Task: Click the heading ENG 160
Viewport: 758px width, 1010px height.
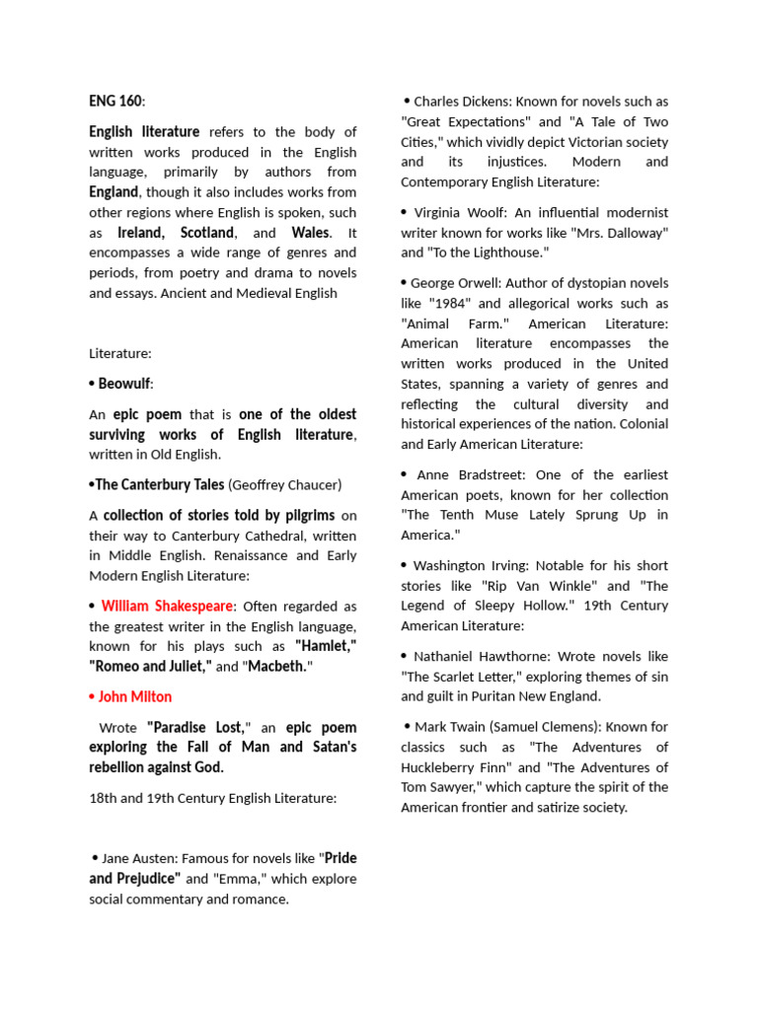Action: click(x=116, y=101)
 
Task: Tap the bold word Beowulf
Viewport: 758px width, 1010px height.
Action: click(x=124, y=384)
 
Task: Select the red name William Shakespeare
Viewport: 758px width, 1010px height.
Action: click(x=167, y=606)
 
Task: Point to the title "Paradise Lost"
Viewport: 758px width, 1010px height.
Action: click(x=200, y=727)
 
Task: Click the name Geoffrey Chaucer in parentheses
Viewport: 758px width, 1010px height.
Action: click(x=285, y=484)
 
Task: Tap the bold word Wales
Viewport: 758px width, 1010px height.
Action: click(x=310, y=233)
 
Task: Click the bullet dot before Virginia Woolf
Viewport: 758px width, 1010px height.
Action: click(x=405, y=212)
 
